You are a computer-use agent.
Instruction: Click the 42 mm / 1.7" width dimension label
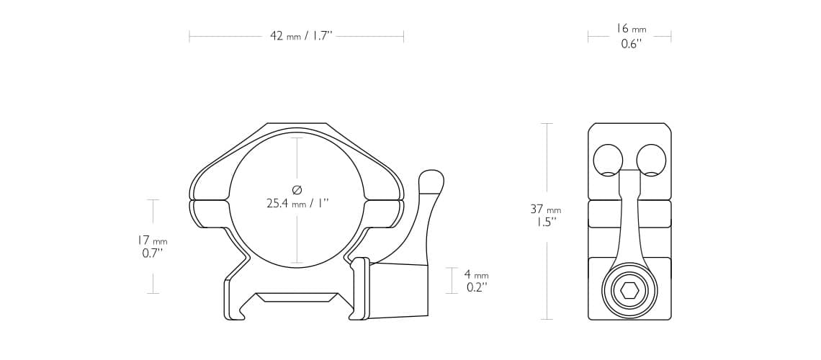(300, 36)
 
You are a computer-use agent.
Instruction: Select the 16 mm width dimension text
(630, 29)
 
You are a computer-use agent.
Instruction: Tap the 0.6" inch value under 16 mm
(631, 44)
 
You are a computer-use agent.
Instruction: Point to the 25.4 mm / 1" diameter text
(297, 204)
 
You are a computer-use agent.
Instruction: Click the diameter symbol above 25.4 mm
(297, 189)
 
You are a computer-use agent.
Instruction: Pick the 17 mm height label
(152, 240)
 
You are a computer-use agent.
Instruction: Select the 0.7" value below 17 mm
(153, 253)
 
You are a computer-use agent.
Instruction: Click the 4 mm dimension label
(475, 274)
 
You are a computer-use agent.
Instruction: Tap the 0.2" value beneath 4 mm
(475, 287)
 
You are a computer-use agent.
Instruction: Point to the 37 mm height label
(545, 210)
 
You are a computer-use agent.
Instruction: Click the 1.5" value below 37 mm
(545, 222)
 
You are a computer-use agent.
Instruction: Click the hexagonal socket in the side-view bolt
(629, 290)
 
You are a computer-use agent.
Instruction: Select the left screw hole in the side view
(608, 160)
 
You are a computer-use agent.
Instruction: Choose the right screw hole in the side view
(651, 160)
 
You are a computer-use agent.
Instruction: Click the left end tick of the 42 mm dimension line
(189, 36)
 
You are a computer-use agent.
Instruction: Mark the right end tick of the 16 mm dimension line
(671, 36)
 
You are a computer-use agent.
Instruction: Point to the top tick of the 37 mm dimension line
(547, 123)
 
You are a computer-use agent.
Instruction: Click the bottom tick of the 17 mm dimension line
(153, 293)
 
